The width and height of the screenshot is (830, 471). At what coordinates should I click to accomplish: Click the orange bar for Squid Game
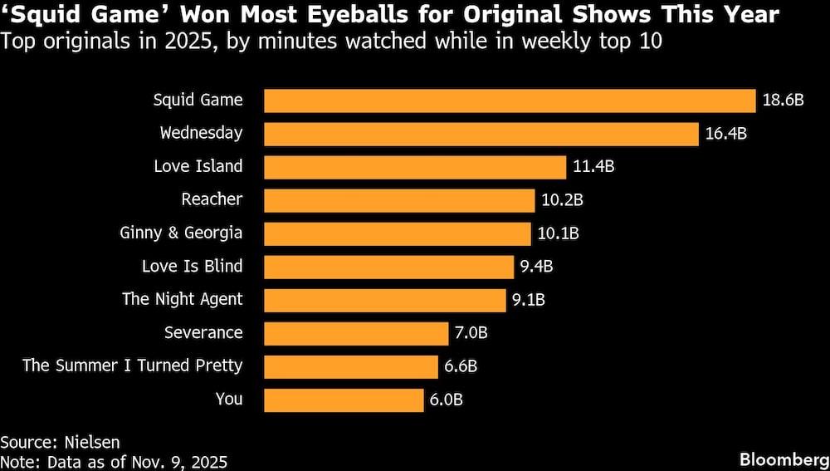tap(510, 101)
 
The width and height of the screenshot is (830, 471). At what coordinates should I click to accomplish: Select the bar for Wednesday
tap(481, 134)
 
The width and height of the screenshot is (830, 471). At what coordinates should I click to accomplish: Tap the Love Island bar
tap(415, 167)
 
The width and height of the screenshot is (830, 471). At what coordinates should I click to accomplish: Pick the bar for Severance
tap(357, 333)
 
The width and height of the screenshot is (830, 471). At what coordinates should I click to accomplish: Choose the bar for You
tap(344, 400)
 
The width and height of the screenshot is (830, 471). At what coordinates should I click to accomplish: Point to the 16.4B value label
tap(726, 134)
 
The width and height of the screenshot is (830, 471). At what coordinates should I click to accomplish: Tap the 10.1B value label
tap(558, 233)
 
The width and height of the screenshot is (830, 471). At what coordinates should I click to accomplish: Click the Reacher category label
tap(212, 199)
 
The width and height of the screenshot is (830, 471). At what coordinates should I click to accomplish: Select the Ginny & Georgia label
tap(181, 233)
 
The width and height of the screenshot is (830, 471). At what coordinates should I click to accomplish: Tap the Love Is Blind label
tap(192, 266)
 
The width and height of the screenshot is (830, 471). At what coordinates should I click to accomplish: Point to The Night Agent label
tap(182, 299)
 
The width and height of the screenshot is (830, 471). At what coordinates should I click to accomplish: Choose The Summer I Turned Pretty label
tap(132, 366)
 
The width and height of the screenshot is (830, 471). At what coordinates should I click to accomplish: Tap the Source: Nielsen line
tap(54, 442)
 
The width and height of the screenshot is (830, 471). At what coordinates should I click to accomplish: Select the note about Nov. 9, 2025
tap(114, 461)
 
